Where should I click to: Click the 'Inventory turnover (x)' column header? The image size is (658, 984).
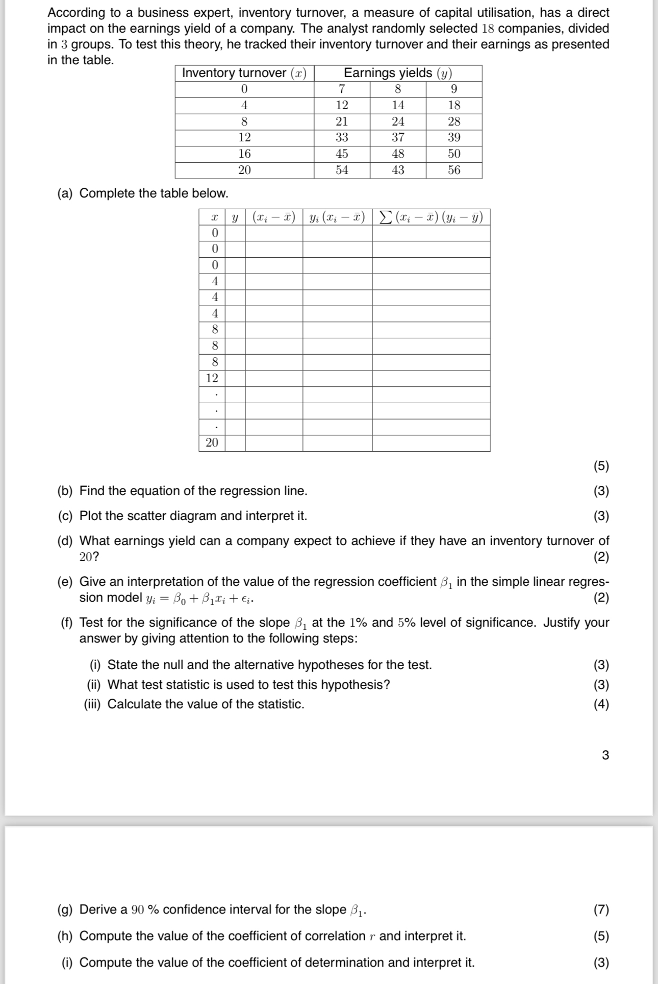pyautogui.click(x=244, y=73)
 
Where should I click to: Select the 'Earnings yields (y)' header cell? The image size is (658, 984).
pyautogui.click(x=398, y=73)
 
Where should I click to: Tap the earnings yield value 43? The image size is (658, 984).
pyautogui.click(x=398, y=170)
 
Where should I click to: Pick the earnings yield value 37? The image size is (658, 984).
pyautogui.click(x=398, y=137)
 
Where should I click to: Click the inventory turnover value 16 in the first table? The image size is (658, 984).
pyautogui.click(x=244, y=154)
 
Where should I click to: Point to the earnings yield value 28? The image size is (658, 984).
pyautogui.click(x=454, y=121)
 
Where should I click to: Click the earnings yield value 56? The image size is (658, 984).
pyautogui.click(x=454, y=170)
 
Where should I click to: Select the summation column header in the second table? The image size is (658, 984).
pyautogui.click(x=431, y=217)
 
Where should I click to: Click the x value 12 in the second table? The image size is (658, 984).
pyautogui.click(x=212, y=378)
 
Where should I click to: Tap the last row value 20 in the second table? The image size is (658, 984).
pyautogui.click(x=212, y=442)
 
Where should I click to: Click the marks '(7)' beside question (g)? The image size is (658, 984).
pyautogui.click(x=601, y=909)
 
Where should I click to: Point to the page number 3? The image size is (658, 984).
pyautogui.click(x=605, y=755)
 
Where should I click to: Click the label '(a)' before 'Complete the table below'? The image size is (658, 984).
pyautogui.click(x=65, y=193)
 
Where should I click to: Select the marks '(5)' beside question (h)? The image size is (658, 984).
pyautogui.click(x=601, y=936)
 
